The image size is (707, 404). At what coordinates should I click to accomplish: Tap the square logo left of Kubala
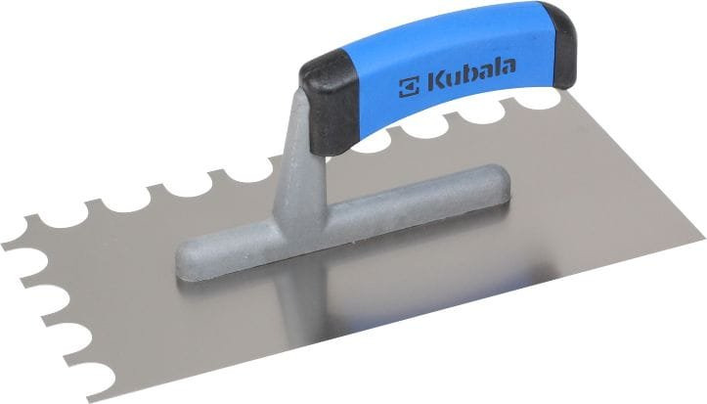(409, 87)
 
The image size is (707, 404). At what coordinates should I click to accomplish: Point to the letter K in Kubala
(436, 81)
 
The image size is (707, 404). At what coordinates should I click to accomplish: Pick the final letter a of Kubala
(508, 67)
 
